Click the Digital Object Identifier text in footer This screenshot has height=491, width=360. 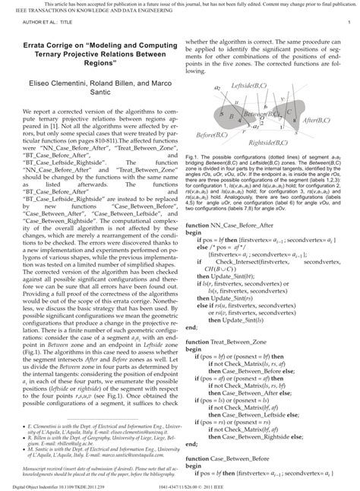coord(36,485)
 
